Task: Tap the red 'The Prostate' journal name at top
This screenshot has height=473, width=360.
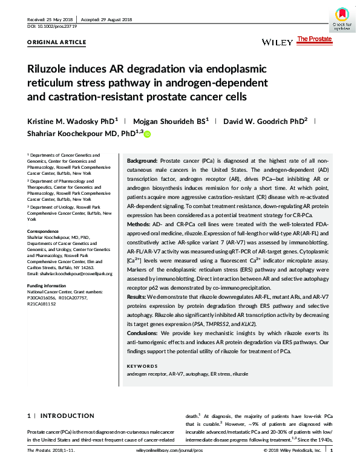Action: (314, 39)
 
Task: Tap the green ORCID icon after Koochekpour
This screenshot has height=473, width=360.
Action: (146, 134)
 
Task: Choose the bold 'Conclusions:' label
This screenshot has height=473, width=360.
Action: (143, 333)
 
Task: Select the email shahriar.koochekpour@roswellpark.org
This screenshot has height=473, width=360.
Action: (70, 273)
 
